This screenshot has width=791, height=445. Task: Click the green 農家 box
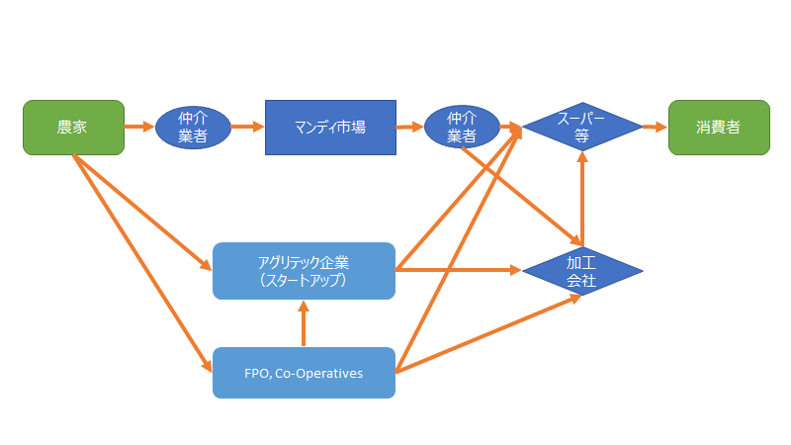pyautogui.click(x=73, y=128)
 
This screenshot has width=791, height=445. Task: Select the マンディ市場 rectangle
pyautogui.click(x=330, y=128)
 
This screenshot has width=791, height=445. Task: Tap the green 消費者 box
pyautogui.click(x=719, y=128)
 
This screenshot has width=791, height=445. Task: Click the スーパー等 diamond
pyautogui.click(x=582, y=128)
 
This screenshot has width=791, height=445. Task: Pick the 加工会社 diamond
pyautogui.click(x=582, y=271)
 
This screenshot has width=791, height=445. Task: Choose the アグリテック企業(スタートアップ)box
pyautogui.click(x=304, y=271)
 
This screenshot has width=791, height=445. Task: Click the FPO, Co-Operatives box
pyautogui.click(x=304, y=373)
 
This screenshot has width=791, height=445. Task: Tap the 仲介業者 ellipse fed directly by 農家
pyautogui.click(x=193, y=128)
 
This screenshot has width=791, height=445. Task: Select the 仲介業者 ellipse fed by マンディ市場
pyautogui.click(x=462, y=128)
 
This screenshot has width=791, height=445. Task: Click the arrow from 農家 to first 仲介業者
pyautogui.click(x=139, y=128)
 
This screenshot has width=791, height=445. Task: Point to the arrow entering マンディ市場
pyautogui.click(x=248, y=128)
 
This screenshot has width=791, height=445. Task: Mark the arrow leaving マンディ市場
pyautogui.click(x=409, y=128)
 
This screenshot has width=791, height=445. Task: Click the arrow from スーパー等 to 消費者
pyautogui.click(x=655, y=128)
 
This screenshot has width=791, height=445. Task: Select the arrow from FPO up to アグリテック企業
pyautogui.click(x=304, y=323)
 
